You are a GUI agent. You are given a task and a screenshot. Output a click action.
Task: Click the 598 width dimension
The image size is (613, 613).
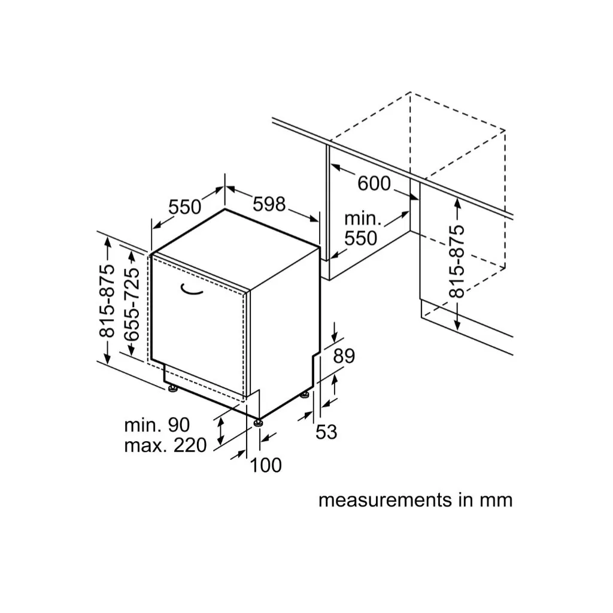tap(269, 204)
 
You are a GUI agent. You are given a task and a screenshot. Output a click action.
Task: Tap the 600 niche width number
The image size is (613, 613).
tap(374, 183)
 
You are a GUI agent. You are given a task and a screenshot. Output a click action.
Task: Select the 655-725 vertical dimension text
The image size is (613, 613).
tap(131, 305)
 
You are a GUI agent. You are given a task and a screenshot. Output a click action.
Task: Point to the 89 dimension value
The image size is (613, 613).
tap(344, 356)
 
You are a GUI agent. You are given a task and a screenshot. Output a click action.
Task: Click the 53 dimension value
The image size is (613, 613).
tap(326, 432)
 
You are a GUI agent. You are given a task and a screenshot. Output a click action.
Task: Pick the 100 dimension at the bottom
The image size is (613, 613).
tap(265, 465)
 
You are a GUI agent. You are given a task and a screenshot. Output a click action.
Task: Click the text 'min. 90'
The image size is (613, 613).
tap(157, 425)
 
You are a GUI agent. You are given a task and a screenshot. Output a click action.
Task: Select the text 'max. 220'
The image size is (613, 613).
tap(165, 445)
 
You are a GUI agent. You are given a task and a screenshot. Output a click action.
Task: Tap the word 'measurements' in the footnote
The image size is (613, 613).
tap(385, 500)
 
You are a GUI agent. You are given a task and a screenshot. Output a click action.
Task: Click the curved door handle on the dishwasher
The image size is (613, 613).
tap(191, 289)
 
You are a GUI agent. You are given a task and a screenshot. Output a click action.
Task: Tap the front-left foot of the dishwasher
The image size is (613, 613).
tap(172, 388)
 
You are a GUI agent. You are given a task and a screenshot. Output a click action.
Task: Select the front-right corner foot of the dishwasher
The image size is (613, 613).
tap(257, 422)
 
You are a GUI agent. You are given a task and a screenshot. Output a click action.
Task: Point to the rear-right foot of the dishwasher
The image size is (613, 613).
tap(305, 395)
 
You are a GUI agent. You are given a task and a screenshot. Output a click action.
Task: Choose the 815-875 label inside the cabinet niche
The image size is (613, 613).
tap(457, 261)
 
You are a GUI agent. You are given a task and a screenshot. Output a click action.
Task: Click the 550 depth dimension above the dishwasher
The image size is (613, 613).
tap(185, 207)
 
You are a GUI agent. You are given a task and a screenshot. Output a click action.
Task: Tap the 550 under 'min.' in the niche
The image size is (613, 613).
tap(360, 238)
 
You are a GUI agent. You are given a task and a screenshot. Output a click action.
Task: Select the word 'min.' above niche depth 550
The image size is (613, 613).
tap(362, 219)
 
